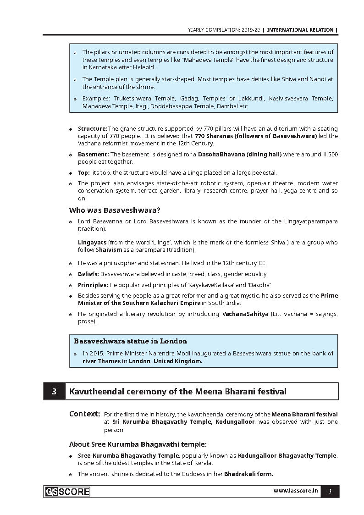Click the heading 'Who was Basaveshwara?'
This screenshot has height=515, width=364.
[115, 210]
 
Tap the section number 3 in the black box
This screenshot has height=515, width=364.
[54, 392]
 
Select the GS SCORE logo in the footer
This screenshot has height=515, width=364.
[67, 492]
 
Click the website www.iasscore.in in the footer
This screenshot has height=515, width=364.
[296, 491]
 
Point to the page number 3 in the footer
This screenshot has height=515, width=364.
[330, 492]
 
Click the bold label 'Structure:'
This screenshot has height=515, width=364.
[92, 129]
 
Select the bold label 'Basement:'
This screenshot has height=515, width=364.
[93, 155]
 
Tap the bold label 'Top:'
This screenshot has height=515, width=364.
[83, 173]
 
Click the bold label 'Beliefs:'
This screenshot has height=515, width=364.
[88, 274]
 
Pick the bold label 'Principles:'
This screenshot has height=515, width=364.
[93, 285]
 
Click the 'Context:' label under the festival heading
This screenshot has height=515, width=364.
[85, 414]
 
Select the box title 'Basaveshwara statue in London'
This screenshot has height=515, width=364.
[131, 341]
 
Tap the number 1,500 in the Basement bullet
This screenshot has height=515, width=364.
[331, 155]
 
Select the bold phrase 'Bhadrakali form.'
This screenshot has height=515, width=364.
[248, 474]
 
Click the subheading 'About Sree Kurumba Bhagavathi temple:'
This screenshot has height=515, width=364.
[138, 444]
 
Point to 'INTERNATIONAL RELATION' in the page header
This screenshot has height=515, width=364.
[300, 30]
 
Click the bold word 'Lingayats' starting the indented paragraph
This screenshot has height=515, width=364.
[92, 242]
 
